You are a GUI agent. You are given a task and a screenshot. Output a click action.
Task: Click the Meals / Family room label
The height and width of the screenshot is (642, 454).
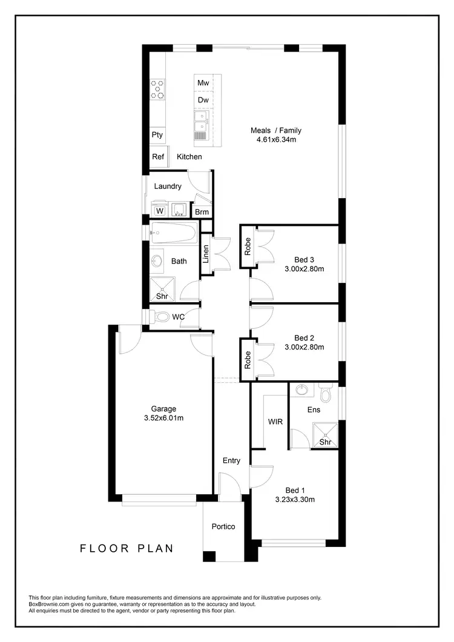pyautogui.click(x=276, y=130)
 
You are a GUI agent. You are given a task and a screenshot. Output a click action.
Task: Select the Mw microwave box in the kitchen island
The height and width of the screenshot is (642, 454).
pyautogui.click(x=203, y=83)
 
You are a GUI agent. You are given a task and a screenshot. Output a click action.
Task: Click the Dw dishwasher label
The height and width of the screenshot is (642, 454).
pyautogui.click(x=203, y=100)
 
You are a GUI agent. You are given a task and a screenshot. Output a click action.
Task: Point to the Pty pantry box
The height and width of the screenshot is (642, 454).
pyautogui.click(x=157, y=135)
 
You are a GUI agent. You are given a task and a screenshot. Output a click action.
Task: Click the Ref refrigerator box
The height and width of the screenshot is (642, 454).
pyautogui.click(x=158, y=157)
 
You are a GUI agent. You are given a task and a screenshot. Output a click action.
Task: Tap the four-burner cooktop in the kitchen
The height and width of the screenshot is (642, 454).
pyautogui.click(x=158, y=90)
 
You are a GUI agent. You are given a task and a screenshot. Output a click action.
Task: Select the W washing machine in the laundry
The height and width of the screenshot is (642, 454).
pyautogui.click(x=160, y=211)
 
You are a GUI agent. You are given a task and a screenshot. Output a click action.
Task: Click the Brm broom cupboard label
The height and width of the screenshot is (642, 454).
pyautogui.click(x=202, y=212)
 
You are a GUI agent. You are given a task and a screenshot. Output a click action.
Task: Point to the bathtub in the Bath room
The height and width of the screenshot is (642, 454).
pyautogui.click(x=174, y=232)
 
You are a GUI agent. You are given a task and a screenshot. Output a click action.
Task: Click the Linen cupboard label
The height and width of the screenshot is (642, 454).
pyautogui.click(x=206, y=254)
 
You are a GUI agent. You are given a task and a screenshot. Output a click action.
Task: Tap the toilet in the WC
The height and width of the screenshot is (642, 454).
pyautogui.click(x=161, y=317)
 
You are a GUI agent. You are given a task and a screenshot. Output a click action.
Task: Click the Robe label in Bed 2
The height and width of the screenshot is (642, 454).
pyautogui.click(x=247, y=360)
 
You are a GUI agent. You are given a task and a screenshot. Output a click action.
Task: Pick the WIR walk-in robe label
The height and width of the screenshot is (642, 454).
pyautogui.click(x=275, y=422)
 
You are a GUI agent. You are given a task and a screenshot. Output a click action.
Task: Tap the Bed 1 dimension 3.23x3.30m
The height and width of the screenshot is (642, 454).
pyautogui.click(x=295, y=500)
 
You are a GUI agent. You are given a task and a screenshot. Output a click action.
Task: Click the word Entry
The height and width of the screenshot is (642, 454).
pyautogui.click(x=231, y=460)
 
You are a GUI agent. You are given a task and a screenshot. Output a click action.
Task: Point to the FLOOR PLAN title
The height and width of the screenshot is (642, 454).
pyautogui.click(x=127, y=549)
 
